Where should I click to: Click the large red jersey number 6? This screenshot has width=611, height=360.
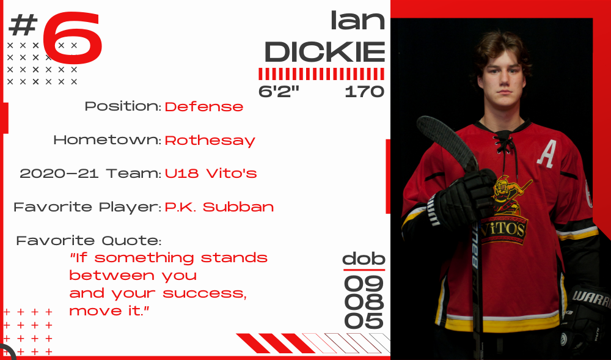(x=73, y=38)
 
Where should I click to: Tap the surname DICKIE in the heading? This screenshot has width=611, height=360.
(x=325, y=52)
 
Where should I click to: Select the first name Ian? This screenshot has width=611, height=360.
(x=357, y=20)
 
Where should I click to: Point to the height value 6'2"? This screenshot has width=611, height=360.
(x=279, y=92)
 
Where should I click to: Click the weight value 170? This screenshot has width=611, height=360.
(x=364, y=92)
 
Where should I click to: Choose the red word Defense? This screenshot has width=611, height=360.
(x=204, y=106)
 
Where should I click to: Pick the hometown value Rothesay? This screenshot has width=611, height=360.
(x=210, y=141)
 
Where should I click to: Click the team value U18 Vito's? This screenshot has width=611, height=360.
(x=210, y=174)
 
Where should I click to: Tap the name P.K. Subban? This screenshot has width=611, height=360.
(x=219, y=207)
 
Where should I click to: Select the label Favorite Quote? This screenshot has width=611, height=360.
(x=89, y=241)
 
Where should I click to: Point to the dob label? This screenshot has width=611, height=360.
(x=364, y=259)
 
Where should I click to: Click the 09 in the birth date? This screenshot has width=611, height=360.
(x=364, y=284)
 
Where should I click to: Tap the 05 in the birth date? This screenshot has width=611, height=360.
(x=364, y=321)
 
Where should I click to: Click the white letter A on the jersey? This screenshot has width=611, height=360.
(x=547, y=154)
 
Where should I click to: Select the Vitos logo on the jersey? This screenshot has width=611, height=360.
(x=506, y=210)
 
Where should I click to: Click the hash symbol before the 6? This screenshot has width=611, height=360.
(x=23, y=24)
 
